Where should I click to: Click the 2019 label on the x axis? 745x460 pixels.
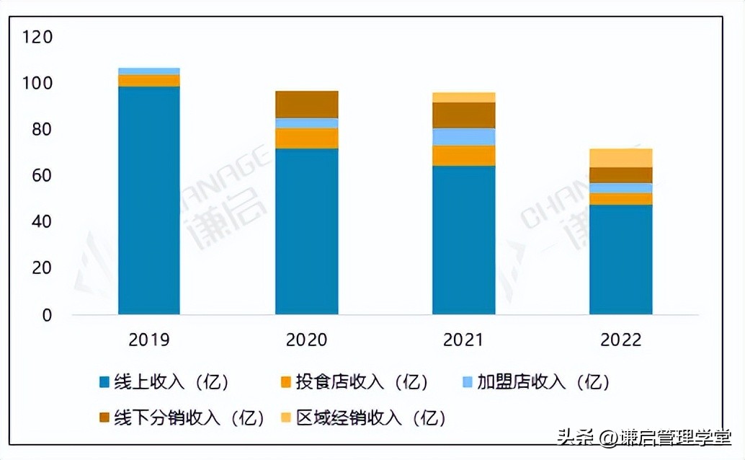(x=149, y=340)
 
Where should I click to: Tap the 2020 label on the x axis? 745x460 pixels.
(x=306, y=340)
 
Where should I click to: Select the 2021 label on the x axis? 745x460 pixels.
(x=463, y=340)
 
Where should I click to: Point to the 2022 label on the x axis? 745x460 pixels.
(x=620, y=340)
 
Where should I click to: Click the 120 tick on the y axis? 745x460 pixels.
(x=37, y=37)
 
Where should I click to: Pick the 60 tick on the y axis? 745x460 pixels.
(x=42, y=176)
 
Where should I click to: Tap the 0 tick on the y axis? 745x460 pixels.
(x=47, y=315)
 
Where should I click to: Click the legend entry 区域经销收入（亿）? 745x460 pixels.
(x=364, y=417)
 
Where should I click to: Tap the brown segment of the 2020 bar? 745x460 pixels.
(x=307, y=105)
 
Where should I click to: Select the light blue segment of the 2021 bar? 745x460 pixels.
(x=464, y=137)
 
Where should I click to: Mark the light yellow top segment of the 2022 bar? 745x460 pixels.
(x=621, y=158)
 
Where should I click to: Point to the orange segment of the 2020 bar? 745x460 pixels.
(x=307, y=138)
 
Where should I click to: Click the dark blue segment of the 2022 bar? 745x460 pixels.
(x=621, y=260)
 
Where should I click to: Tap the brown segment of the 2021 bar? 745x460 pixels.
(x=464, y=115)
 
